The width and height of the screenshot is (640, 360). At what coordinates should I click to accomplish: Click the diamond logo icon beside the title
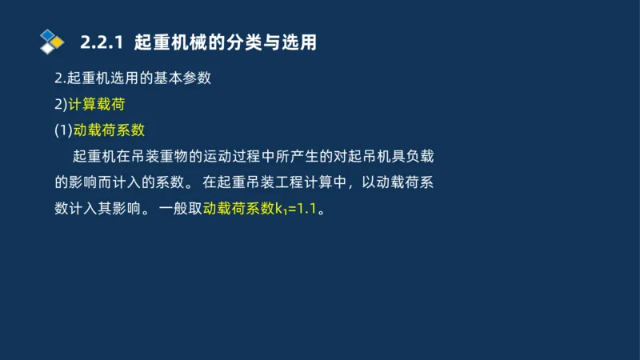click(52, 42)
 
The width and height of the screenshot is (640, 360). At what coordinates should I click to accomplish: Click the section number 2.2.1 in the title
click(104, 42)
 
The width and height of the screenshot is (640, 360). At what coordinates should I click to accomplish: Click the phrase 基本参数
click(182, 78)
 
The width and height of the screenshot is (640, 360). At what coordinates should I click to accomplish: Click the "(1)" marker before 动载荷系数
click(63, 130)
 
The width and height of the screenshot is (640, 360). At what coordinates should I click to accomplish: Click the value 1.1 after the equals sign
click(308, 209)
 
